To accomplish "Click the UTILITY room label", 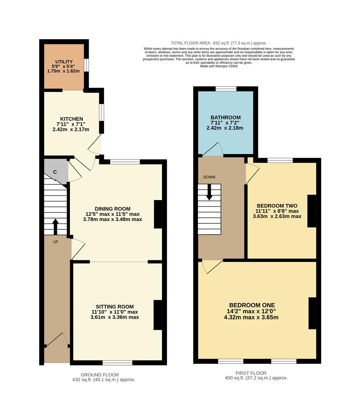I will [x=64, y=61].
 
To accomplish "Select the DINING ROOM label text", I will [x=112, y=209].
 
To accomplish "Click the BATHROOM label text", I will [x=225, y=117].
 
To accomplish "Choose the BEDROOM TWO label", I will [x=277, y=206].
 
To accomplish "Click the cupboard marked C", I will [x=55, y=172].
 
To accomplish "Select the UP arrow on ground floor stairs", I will [x=55, y=226].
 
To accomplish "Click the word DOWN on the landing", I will [x=209, y=177].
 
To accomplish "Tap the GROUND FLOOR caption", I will [x=100, y=374].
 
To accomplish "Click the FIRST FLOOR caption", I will [x=251, y=373].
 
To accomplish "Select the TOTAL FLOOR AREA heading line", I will [x=219, y=43].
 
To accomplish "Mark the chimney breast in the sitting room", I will [x=158, y=315].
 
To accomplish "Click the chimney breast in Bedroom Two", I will [x=311, y=211].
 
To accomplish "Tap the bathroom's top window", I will [x=226, y=89].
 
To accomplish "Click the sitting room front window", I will [x=118, y=362].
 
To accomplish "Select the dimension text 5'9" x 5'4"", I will [x=64, y=66].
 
